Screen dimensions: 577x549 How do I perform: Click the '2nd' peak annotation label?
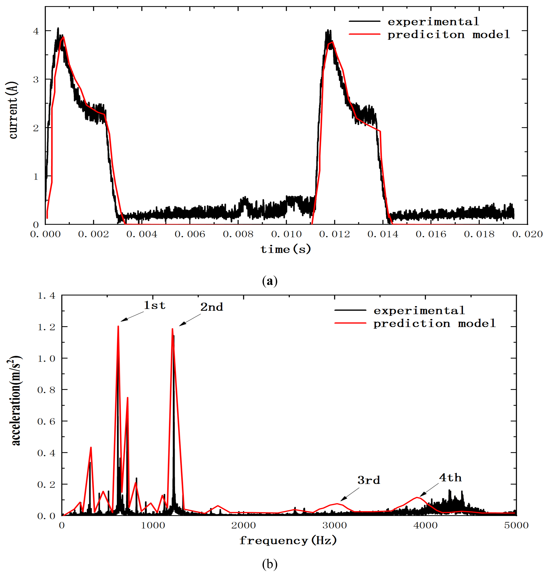click(x=211, y=307)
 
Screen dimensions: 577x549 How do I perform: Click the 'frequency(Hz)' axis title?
click(x=288, y=540)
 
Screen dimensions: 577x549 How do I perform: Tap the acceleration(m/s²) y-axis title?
click(x=15, y=401)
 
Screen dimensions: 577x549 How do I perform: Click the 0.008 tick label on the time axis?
click(x=238, y=234)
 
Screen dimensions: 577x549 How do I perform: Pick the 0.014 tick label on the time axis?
click(x=383, y=234)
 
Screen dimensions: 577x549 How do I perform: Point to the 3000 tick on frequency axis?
click(x=334, y=525)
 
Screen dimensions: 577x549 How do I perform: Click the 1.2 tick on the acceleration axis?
click(x=46, y=327)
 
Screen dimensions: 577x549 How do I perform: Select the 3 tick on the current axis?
click(x=36, y=80)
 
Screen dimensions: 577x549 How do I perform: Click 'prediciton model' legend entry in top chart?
click(x=448, y=35)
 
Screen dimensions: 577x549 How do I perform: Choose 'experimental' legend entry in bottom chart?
click(x=419, y=311)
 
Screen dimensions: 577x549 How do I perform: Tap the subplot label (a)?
click(x=270, y=281)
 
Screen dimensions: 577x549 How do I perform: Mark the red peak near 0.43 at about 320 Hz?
click(x=91, y=447)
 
